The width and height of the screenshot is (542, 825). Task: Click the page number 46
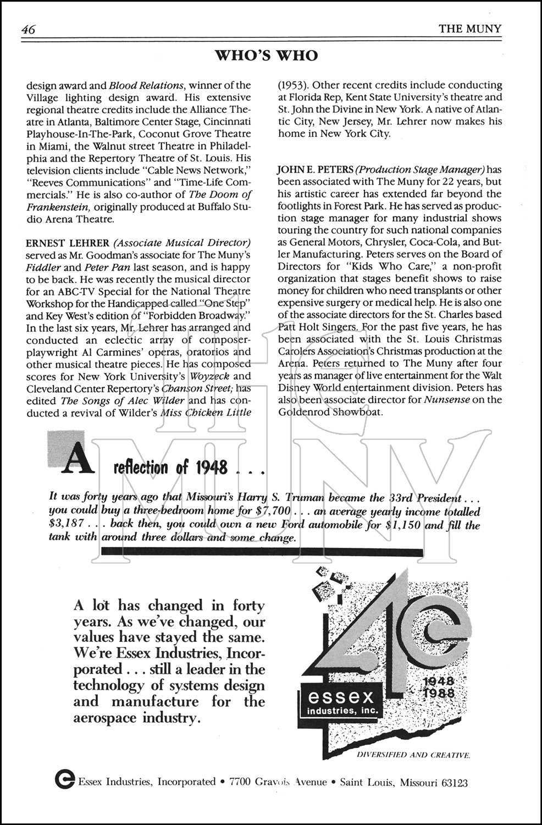click(27, 30)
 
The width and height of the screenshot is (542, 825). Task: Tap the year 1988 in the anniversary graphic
click(439, 693)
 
